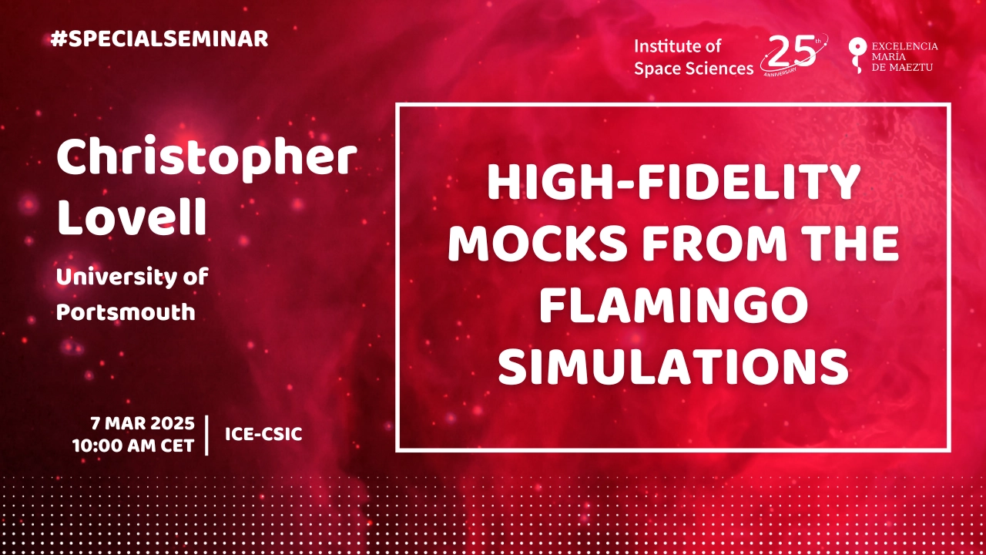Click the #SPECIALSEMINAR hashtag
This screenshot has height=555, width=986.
coord(159,39)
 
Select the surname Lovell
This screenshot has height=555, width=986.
coord(132,217)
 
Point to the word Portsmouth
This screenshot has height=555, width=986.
coord(126,312)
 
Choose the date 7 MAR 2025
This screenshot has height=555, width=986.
coord(143,423)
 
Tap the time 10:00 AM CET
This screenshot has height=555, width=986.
coord(133,446)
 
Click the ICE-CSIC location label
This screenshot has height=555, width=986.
coord(263,434)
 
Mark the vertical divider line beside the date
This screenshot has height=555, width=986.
coord(207,435)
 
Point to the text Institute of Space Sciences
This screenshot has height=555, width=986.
coord(694,57)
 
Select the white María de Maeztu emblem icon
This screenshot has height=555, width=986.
coord(857,55)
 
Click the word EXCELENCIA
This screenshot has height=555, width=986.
coord(904,46)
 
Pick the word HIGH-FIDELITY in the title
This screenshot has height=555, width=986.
coord(673,183)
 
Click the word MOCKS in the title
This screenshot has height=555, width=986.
coord(538,244)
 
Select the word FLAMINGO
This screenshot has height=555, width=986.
coord(673,304)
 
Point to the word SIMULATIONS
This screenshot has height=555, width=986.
coord(673,366)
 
